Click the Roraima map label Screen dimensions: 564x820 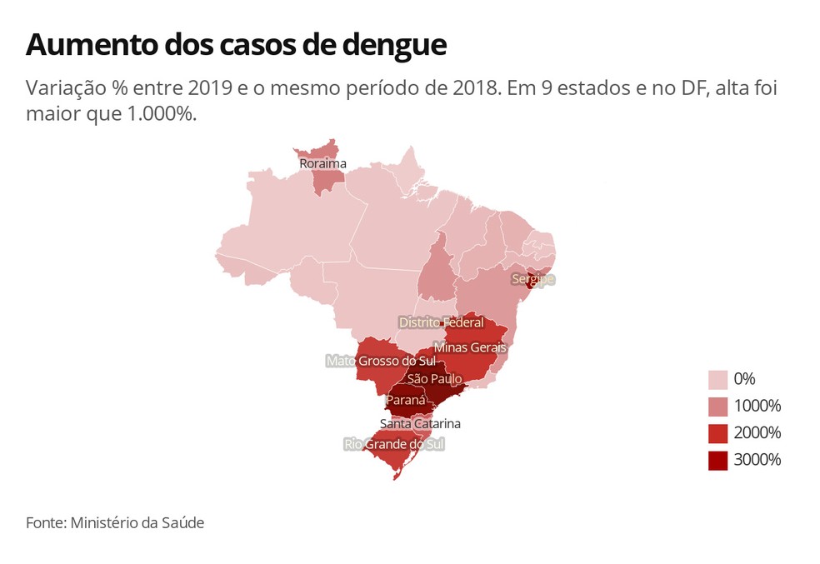[322, 164]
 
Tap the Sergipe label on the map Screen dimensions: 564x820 [532, 279]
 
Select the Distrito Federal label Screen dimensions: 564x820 [441, 322]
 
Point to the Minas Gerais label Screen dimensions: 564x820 [470, 347]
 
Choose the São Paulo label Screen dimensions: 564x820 [435, 378]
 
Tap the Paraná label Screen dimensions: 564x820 [406, 400]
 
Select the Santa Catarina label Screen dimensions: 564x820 [419, 423]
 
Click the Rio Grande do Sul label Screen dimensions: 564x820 [394, 444]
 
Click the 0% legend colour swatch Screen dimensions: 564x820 [717, 380]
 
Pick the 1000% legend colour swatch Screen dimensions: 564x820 [717, 407]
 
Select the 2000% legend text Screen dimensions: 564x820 [757, 433]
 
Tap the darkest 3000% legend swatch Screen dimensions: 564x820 [717, 460]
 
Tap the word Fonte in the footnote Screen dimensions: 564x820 [46, 523]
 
